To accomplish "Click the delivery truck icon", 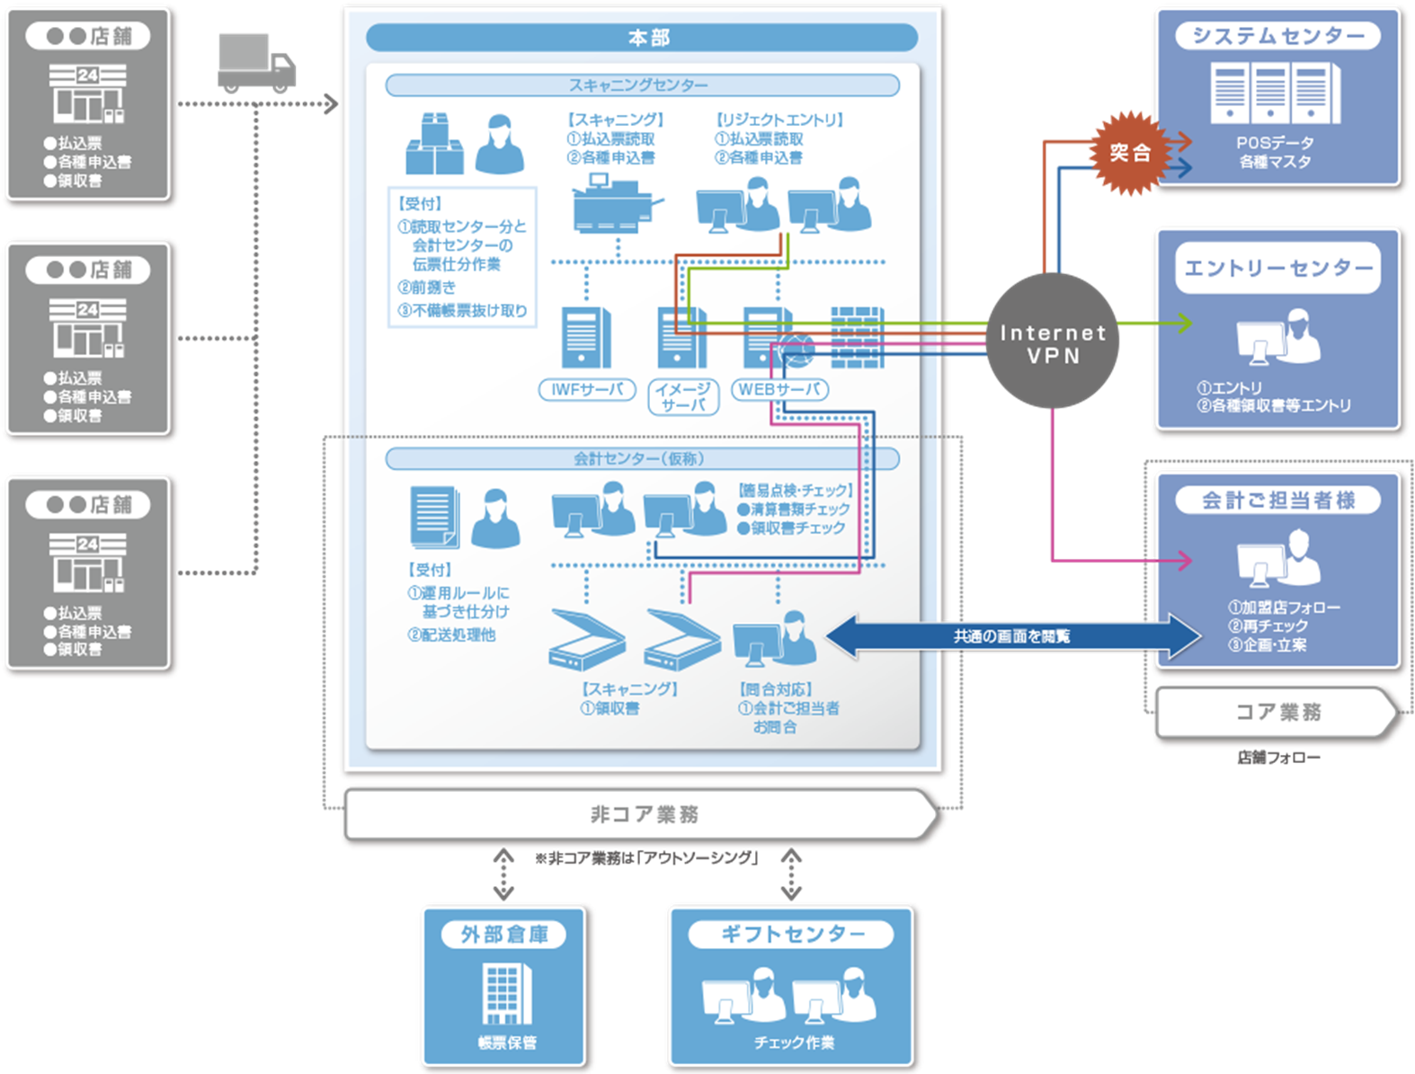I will coord(256,63).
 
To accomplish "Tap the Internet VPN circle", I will coord(1053,342).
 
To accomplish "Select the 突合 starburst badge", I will coord(1129,153).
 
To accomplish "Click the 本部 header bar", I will coord(642,38).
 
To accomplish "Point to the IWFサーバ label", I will coord(587,390).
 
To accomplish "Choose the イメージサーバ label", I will coord(683,397).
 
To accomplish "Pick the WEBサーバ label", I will coord(779,390).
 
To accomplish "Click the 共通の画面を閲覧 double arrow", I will coord(1012,636).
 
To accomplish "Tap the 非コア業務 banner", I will coord(642,814).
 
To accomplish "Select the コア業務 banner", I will coord(1277,712).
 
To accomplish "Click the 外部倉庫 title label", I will coord(504,935).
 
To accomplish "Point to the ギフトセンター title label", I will coord(791,935).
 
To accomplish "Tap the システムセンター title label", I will coord(1277,36).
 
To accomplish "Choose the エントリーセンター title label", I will coord(1277,268).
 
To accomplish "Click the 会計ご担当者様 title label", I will coord(1277,501).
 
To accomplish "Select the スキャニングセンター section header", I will coord(642,85).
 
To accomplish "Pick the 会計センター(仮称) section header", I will coord(642,459).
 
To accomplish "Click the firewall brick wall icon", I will coord(857,337).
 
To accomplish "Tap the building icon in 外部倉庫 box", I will coord(507,993).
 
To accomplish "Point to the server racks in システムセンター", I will coord(1276,93).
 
